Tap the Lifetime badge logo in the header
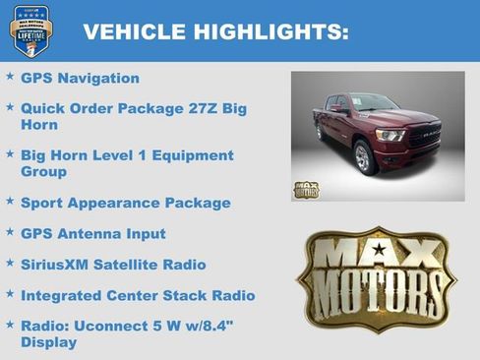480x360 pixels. pos(30,30)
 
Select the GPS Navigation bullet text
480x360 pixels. pos(80,78)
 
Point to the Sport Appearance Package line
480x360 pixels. pos(125,203)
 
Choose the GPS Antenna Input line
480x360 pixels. pos(93,234)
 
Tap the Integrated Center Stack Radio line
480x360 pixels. pos(138,295)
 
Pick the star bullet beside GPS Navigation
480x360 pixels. pos(10,76)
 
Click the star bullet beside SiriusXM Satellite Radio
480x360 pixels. pos(10,263)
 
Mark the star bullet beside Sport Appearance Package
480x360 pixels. pos(10,201)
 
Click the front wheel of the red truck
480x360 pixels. pos(363,157)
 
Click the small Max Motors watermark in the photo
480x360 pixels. pos(306,189)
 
